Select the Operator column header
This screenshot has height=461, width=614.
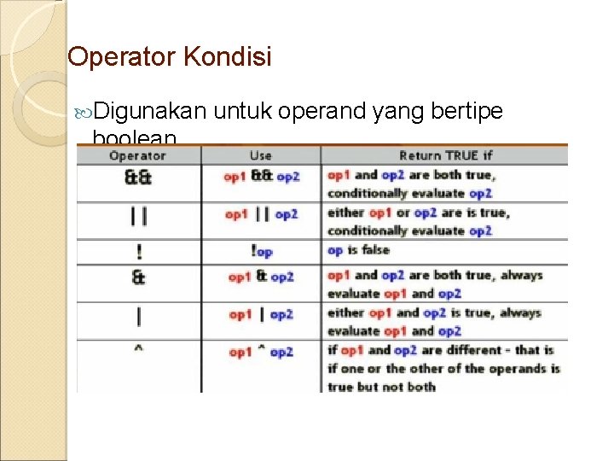point(137,155)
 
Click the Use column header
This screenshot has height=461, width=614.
point(260,155)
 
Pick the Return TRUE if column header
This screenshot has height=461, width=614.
point(445,155)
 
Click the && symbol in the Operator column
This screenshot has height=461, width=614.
point(138,178)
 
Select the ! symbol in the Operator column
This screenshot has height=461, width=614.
point(138,253)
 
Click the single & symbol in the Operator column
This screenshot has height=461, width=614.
point(138,277)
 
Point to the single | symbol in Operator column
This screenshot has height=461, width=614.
point(138,315)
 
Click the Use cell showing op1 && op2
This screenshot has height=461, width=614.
point(261,177)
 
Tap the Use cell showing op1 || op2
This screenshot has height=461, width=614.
point(261,214)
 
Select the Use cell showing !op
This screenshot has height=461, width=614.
point(261,252)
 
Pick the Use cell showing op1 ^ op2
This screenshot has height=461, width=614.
point(261,352)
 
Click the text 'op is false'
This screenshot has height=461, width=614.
point(358,250)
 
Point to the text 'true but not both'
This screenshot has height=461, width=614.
point(381,387)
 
